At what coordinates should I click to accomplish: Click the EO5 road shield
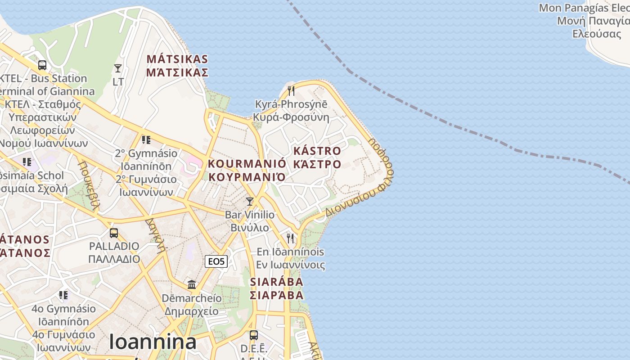click(x=216, y=261)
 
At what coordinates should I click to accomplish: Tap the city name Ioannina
click(x=153, y=342)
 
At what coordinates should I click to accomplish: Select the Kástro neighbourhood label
click(x=317, y=157)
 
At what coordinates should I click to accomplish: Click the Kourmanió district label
click(x=247, y=170)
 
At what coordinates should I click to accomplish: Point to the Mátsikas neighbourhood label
click(x=177, y=66)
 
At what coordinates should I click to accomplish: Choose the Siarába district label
click(x=276, y=288)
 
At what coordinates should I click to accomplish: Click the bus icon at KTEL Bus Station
click(x=42, y=65)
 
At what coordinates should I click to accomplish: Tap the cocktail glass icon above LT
click(x=118, y=68)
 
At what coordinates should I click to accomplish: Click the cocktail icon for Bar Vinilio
click(x=250, y=201)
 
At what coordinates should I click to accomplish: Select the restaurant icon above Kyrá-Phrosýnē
click(x=291, y=91)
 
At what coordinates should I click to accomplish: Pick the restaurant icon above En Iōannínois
click(x=290, y=238)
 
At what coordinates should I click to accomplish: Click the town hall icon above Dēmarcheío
click(x=192, y=284)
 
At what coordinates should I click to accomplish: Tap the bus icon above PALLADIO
click(x=114, y=233)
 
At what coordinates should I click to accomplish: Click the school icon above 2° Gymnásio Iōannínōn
click(x=146, y=140)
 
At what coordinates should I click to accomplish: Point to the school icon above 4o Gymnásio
click(x=63, y=295)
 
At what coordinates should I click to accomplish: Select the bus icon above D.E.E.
click(x=254, y=335)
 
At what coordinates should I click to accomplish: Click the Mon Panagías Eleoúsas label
click(x=585, y=21)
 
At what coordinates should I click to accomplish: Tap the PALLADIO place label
click(x=114, y=252)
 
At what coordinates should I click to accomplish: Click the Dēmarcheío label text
click(x=191, y=305)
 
